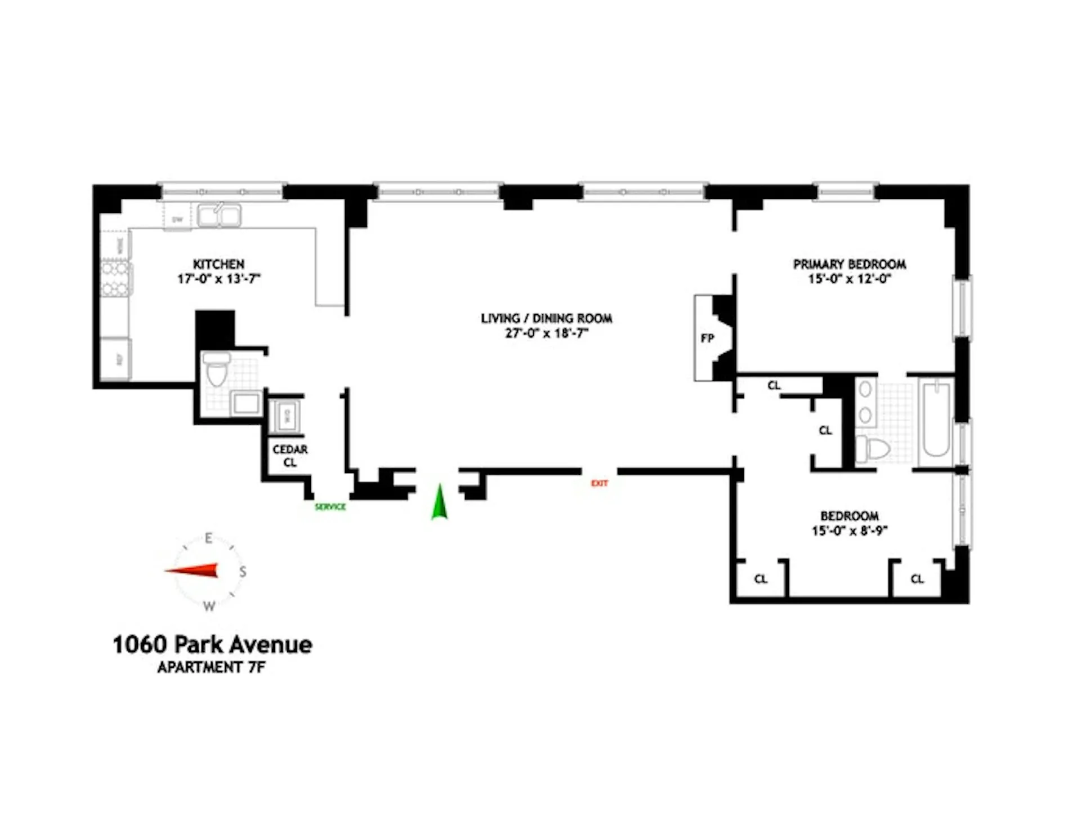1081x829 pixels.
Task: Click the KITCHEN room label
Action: pos(218,264)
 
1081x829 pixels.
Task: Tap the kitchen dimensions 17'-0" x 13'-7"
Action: pos(219,279)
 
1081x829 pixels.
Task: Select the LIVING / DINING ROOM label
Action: pos(546,318)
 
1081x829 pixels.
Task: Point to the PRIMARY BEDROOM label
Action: pos(850,264)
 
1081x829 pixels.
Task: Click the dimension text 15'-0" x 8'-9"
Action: pos(850,531)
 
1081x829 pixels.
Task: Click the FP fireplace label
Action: pos(707,338)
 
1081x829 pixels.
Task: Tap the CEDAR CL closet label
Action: pos(290,456)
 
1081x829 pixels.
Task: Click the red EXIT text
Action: pos(599,483)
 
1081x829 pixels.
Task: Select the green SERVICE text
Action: pos(330,507)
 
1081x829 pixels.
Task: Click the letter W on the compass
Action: pos(209,607)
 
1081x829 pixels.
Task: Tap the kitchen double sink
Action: pos(220,215)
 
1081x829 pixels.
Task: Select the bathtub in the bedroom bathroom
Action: pos(936,420)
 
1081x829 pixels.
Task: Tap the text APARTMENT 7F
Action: pos(211,667)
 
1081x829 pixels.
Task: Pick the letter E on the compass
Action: pos(208,538)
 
